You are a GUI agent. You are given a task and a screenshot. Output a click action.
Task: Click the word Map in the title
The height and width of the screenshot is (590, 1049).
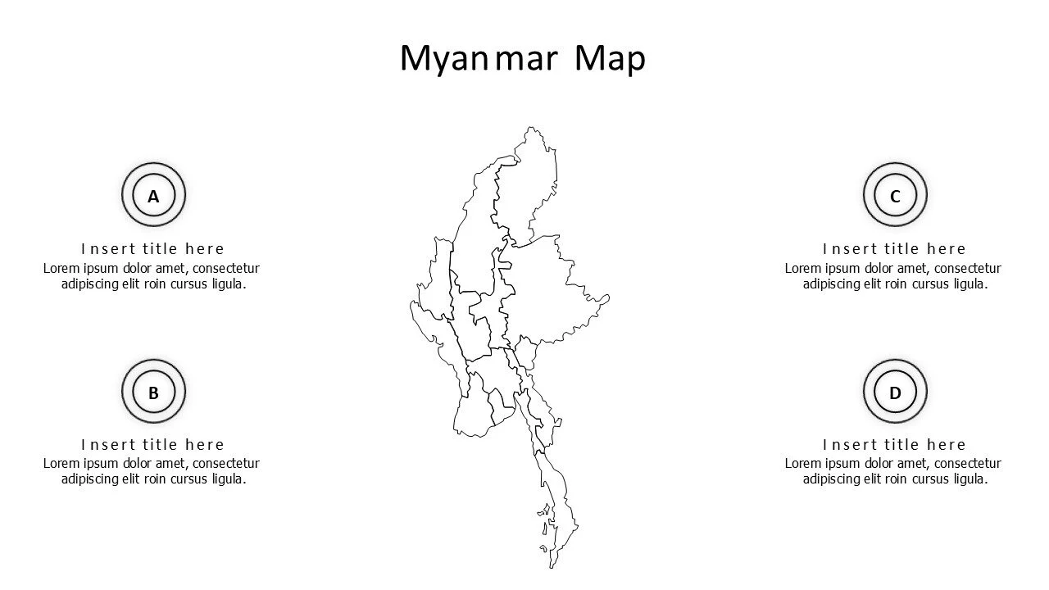(610, 59)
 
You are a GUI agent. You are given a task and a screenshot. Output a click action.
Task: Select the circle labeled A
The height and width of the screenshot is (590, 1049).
(153, 196)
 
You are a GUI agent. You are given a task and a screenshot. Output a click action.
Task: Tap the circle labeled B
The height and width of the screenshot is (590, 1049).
(153, 392)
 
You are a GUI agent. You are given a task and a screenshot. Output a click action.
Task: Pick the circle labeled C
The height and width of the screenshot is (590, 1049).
(895, 196)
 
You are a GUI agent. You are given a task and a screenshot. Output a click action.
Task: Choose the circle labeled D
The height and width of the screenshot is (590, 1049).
(895, 392)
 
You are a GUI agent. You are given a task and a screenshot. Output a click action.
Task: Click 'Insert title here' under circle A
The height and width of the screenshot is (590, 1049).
(152, 249)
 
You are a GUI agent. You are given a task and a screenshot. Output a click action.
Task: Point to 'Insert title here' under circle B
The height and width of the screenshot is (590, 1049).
(152, 445)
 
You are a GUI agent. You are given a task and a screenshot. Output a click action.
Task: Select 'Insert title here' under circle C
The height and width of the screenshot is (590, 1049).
(894, 249)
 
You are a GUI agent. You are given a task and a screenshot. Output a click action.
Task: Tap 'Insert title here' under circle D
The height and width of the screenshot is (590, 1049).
(894, 445)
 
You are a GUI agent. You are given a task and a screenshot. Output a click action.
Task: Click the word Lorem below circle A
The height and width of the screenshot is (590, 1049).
(61, 268)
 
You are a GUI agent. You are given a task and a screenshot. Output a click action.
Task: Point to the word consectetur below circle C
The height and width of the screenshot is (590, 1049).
(967, 268)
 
